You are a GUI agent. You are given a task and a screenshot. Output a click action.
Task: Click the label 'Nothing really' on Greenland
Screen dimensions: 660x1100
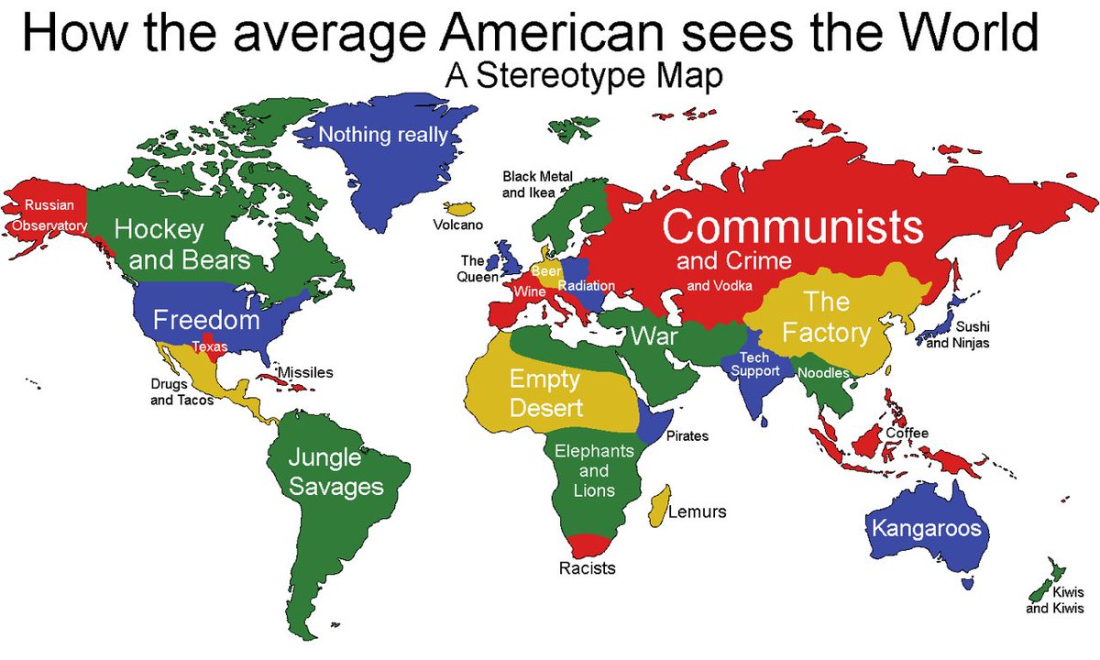pyautogui.click(x=382, y=136)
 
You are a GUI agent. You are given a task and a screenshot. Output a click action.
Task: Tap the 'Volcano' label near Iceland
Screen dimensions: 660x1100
pyautogui.click(x=458, y=225)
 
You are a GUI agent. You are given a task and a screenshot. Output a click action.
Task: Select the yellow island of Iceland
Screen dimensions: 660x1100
pyautogui.click(x=457, y=207)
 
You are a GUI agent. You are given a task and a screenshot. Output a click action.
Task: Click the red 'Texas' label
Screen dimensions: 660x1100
pyautogui.click(x=209, y=346)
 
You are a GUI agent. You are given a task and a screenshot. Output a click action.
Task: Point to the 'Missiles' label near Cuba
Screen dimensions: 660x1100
pyautogui.click(x=305, y=373)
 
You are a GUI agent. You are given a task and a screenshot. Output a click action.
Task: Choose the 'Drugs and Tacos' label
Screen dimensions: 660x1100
pyautogui.click(x=181, y=391)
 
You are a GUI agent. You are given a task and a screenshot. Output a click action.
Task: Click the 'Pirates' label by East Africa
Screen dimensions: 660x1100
pyautogui.click(x=687, y=435)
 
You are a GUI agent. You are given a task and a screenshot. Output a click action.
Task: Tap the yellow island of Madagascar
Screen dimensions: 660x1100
pyautogui.click(x=656, y=508)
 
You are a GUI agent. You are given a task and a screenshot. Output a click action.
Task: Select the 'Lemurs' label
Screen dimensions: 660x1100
pyautogui.click(x=697, y=511)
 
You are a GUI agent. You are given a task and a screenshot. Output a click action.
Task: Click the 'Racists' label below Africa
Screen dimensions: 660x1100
pyautogui.click(x=587, y=568)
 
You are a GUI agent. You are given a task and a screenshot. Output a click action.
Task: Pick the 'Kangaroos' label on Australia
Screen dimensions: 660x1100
pyautogui.click(x=926, y=528)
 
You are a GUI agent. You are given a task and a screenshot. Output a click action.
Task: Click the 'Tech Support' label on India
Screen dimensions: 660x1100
pyautogui.click(x=753, y=364)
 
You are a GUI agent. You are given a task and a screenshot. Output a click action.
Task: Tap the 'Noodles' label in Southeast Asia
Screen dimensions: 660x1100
pyautogui.click(x=823, y=373)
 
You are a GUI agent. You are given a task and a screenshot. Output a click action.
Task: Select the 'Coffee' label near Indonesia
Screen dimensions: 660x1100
pyautogui.click(x=907, y=433)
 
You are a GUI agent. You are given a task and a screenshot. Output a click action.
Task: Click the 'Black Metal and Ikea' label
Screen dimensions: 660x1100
pyautogui.click(x=537, y=183)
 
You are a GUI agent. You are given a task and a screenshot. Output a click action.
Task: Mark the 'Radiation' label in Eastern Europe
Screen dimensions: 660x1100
pyautogui.click(x=586, y=286)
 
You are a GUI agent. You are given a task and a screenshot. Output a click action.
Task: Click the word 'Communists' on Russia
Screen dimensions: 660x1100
pyautogui.click(x=793, y=226)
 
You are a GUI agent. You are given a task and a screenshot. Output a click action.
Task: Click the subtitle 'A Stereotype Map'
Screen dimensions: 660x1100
pyautogui.click(x=584, y=77)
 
